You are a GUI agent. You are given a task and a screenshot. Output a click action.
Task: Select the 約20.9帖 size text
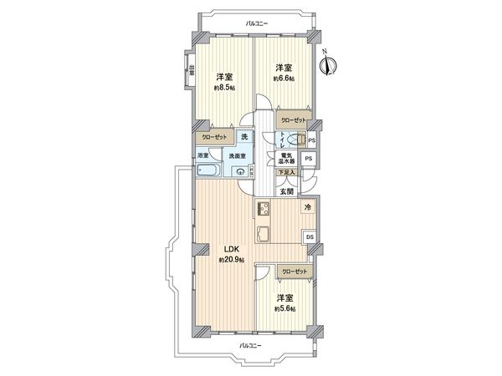(231, 260)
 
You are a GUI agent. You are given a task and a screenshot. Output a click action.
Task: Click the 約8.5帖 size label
(224, 87)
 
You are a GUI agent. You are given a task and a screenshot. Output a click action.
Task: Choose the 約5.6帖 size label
(286, 307)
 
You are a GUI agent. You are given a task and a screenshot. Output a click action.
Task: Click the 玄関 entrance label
(286, 191)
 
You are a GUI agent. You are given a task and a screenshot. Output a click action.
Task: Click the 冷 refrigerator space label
(307, 207)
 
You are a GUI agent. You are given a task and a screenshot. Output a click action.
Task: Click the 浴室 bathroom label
(204, 155)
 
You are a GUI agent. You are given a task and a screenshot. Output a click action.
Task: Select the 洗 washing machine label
(244, 136)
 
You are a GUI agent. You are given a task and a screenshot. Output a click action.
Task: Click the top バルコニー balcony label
(257, 23)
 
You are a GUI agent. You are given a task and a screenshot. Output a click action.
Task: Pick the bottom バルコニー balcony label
(250, 345)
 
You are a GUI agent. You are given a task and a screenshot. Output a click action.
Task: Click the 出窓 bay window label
(191, 69)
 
